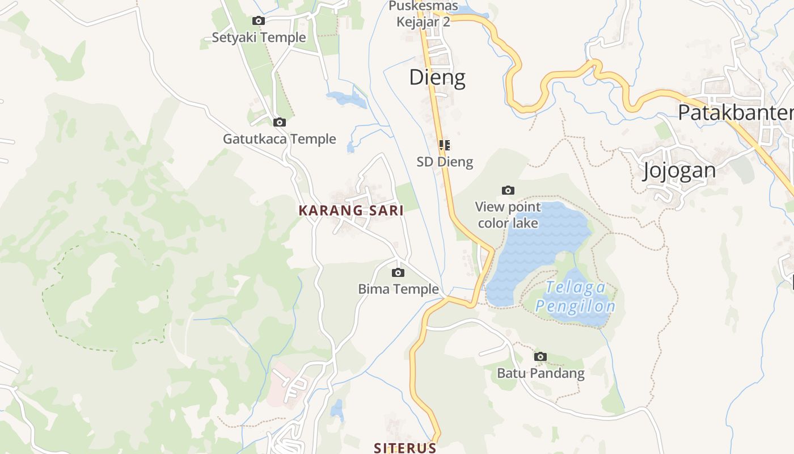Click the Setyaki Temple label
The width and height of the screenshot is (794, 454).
(x=259, y=37)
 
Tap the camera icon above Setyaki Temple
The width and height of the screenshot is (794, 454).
(x=259, y=21)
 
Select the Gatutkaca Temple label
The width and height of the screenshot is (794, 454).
(x=279, y=139)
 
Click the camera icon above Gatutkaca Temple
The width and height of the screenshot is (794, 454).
(x=279, y=122)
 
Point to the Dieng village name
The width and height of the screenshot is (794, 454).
(x=437, y=77)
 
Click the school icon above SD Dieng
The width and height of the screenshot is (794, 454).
(x=445, y=145)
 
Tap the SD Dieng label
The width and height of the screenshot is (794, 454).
(x=445, y=162)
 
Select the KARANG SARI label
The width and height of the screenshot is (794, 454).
(x=351, y=211)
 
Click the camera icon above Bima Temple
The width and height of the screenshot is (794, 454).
(x=398, y=272)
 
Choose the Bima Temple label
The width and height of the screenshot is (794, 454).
(x=398, y=289)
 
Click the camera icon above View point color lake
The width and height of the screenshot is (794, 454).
(x=508, y=190)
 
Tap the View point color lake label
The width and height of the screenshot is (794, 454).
(x=508, y=215)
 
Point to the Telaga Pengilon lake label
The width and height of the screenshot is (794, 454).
(x=575, y=297)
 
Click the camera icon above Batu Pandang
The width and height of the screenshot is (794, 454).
(x=540, y=356)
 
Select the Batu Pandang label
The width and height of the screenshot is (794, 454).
(x=540, y=373)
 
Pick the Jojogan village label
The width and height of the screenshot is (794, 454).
(x=679, y=170)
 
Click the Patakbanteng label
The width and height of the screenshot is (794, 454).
(x=736, y=112)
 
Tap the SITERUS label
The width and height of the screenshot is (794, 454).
(x=405, y=447)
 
